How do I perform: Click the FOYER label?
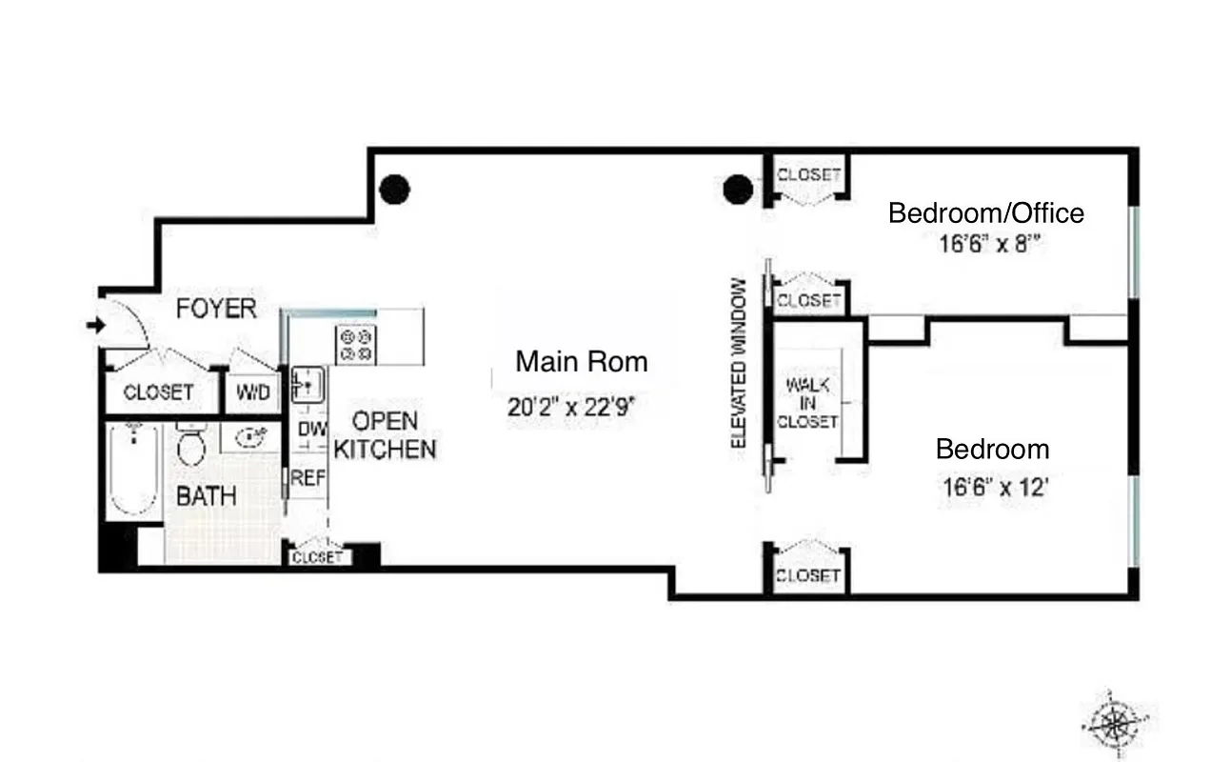coord(216,309)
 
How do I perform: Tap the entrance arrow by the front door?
coord(95,326)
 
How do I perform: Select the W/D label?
coord(252,392)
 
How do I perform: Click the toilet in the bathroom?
coord(191,446)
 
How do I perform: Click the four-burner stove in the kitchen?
coord(356,344)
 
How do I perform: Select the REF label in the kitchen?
coord(308,478)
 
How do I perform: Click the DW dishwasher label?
coord(310,430)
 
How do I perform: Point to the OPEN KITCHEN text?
coord(385,434)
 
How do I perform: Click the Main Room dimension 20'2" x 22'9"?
coord(571,409)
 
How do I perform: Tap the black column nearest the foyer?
coord(394,190)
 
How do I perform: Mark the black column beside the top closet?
coord(738,190)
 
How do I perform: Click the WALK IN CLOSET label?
coord(807,403)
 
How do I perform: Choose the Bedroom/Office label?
coord(985,212)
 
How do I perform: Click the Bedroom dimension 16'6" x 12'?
coord(995,489)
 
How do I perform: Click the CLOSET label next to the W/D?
coord(158,392)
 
